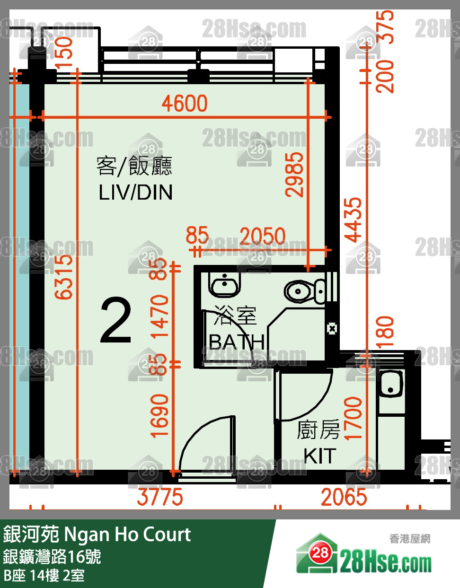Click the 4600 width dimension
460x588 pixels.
tap(185, 104)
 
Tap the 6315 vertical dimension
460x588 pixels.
tap(64, 277)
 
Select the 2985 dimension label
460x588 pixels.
tap(294, 174)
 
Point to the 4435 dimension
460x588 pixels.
tap(354, 219)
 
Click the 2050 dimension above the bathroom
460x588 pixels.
tap(263, 236)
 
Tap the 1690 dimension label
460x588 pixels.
tap(159, 415)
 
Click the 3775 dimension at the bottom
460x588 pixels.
tap(160, 497)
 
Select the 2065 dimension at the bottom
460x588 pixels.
tap(344, 497)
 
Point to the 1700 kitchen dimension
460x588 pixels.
tap(354, 418)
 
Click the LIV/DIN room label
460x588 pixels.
tap(135, 193)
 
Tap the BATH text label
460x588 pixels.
tap(237, 342)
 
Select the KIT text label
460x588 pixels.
tap(320, 456)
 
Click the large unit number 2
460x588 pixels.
tap(116, 321)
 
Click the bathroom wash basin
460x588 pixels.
tap(224, 286)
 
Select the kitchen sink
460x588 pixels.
tap(391, 384)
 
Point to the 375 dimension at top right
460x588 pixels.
tap(387, 27)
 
